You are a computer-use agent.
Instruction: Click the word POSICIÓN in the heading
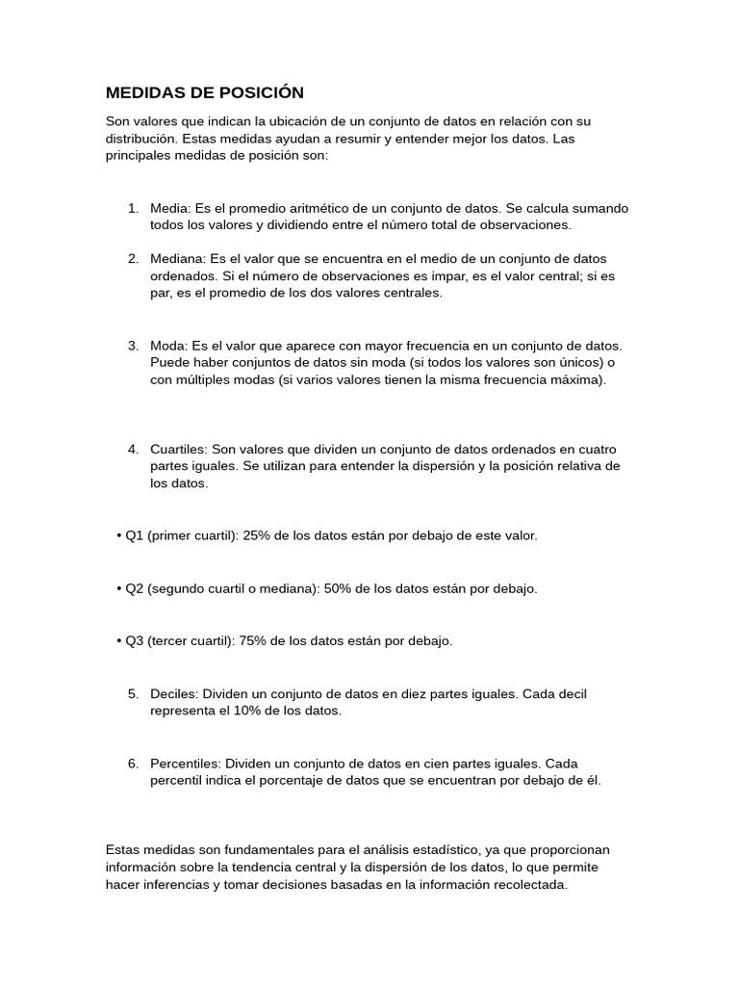click(x=261, y=92)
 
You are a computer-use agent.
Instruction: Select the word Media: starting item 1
click(x=170, y=209)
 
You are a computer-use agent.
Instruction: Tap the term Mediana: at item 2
click(x=178, y=259)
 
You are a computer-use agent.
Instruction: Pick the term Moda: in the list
click(x=169, y=345)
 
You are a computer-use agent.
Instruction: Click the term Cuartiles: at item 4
click(x=179, y=450)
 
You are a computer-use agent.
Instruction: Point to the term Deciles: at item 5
click(x=175, y=694)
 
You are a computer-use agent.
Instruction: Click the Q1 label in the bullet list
click(x=135, y=535)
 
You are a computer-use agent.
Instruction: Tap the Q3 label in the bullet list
click(x=135, y=640)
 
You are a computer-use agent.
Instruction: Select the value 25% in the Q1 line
click(x=258, y=535)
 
